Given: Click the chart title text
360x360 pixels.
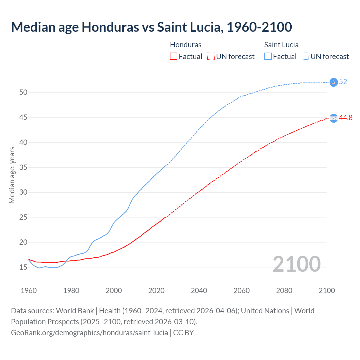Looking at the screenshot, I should [x=151, y=27].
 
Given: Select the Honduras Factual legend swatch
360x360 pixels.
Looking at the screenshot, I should [x=174, y=56].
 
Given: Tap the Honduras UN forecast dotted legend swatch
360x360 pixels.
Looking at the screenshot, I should [x=211, y=56].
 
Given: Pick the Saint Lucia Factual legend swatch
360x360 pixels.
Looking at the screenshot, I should [x=268, y=56].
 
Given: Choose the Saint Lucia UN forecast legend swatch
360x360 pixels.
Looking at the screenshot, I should [x=305, y=56].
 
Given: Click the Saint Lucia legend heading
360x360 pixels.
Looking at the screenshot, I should [x=281, y=45].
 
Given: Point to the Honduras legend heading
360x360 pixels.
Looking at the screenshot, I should [x=186, y=45].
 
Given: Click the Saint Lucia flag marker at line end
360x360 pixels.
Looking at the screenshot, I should [x=334, y=82].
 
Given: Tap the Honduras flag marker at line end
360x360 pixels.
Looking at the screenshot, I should [x=334, y=118].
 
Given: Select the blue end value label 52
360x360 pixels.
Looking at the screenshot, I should [x=343, y=82].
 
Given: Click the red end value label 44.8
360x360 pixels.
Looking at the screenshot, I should [x=346, y=118].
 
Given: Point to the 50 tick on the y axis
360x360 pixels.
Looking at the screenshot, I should [x=23, y=92].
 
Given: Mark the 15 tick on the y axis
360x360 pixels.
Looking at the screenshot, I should [x=23, y=267].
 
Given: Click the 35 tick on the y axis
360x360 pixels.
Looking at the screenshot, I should [x=23, y=167].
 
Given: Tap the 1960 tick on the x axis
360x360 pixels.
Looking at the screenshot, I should [x=29, y=291].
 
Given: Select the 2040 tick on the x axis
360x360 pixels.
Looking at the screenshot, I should [x=199, y=291].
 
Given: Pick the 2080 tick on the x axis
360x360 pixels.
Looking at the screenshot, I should [x=284, y=291].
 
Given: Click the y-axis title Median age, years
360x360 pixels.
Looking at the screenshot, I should [x=12, y=175].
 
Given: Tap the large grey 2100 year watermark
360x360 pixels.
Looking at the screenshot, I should [x=297, y=264].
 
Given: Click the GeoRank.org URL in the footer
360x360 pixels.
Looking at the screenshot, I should [x=89, y=333].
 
